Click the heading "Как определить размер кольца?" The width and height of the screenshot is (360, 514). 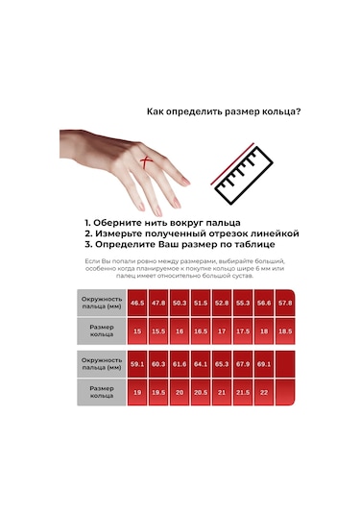click(x=223, y=111)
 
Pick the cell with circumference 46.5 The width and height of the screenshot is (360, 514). click(x=137, y=303)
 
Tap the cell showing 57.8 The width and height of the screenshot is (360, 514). click(x=284, y=303)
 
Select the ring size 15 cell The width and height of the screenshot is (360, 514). click(x=137, y=331)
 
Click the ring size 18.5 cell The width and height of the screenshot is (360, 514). click(x=284, y=331)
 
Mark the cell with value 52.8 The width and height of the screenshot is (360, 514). click(x=221, y=303)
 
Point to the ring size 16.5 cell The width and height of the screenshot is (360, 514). click(x=200, y=331)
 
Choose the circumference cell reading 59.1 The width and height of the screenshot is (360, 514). click(x=137, y=364)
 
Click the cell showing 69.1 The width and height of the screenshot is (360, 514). click(x=263, y=364)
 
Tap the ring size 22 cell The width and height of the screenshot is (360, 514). click(x=263, y=392)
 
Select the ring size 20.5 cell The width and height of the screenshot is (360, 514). click(x=200, y=392)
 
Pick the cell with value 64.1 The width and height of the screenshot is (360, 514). click(x=200, y=364)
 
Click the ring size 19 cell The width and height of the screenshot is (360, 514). click(x=137, y=392)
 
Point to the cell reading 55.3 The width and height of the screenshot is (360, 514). click(x=242, y=303)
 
